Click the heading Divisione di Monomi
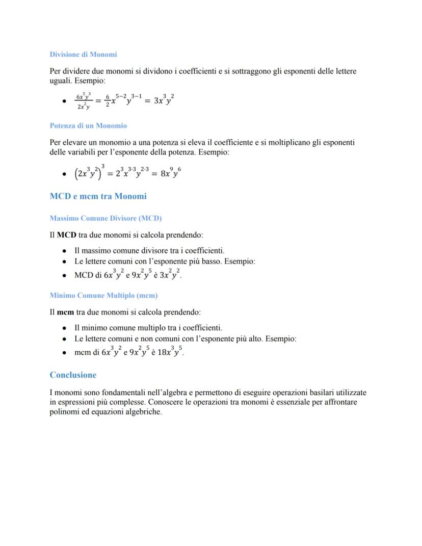[x=83, y=55]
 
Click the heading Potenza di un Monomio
[x=88, y=125]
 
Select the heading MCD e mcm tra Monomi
[x=98, y=196]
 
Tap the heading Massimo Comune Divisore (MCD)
[x=106, y=218]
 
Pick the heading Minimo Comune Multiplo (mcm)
[x=103, y=295]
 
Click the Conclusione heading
[x=73, y=375]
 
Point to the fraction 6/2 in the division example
[x=108, y=100]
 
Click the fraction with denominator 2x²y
[x=83, y=101]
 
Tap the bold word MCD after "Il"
[x=66, y=235]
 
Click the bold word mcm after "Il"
[x=65, y=311]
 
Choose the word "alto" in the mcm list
[x=252, y=339]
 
